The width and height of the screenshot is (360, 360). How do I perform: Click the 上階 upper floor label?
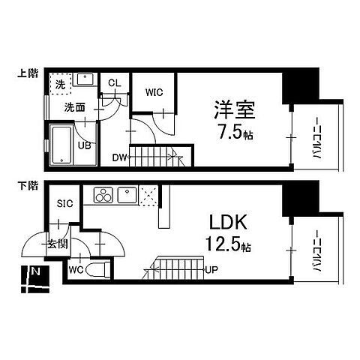[x=29, y=73]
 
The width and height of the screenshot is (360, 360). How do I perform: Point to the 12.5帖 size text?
[x=228, y=245]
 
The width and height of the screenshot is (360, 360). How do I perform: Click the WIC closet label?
[x=154, y=92]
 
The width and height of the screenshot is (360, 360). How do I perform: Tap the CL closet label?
[x=115, y=83]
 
